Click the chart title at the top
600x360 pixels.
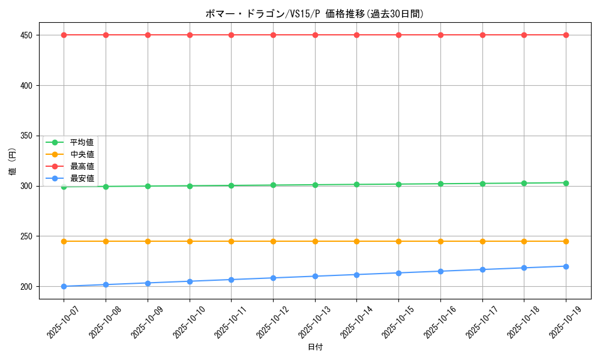314,14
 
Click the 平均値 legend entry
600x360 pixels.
82,142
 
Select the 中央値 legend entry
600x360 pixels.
82,154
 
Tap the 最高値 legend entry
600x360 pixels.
82,166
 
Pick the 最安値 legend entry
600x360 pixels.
82,178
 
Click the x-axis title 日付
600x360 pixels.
315,347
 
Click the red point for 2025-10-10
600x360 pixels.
190,35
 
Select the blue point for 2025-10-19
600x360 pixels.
566,266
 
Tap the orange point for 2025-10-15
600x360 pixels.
398,241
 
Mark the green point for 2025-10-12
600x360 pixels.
273,185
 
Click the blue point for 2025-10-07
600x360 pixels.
64,286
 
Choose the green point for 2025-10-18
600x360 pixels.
524,183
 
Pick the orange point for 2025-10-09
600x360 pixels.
148,241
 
